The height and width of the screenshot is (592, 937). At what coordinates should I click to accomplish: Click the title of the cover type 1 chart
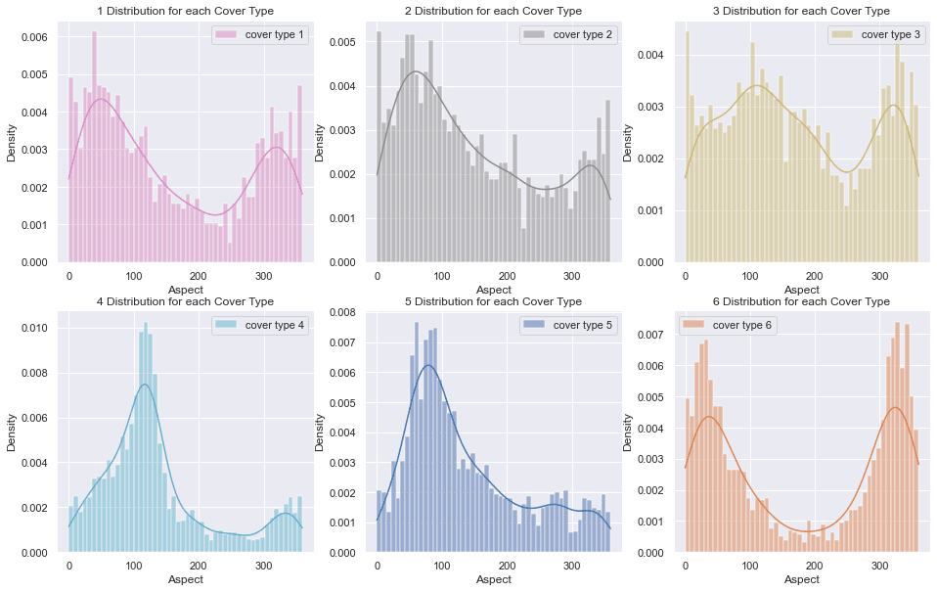[x=186, y=11]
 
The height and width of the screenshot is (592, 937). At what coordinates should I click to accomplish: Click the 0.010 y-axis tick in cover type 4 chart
[x=33, y=327]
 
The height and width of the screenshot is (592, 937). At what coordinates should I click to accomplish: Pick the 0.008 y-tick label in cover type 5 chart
[x=341, y=313]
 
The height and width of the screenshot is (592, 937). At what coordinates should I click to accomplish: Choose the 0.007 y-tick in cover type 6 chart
[x=650, y=334]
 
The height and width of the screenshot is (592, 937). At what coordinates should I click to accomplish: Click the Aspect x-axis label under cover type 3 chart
[x=802, y=290]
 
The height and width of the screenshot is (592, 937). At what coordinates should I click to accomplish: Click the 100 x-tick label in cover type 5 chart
[x=442, y=566]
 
